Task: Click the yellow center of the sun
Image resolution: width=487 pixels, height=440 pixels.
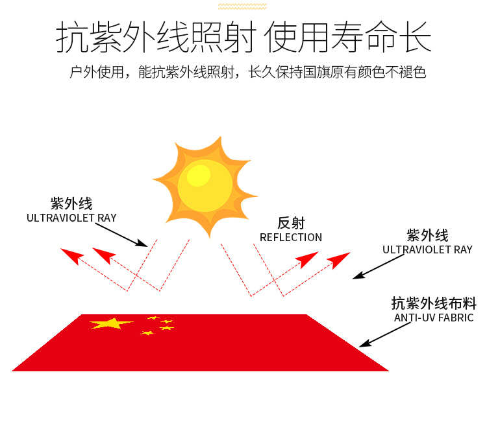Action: point(205,186)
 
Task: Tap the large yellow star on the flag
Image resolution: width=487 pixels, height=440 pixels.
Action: point(111,323)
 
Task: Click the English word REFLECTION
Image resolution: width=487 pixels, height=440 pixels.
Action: point(291,237)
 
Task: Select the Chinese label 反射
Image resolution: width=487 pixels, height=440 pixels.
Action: point(291,223)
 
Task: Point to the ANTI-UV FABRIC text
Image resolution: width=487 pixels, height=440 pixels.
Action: point(434,318)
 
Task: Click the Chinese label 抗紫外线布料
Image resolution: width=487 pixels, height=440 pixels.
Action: point(434,303)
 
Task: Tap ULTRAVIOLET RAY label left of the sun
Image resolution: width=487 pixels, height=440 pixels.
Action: point(71,218)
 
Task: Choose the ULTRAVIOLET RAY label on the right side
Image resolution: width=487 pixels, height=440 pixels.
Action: point(427,249)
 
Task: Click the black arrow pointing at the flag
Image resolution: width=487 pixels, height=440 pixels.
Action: point(385,334)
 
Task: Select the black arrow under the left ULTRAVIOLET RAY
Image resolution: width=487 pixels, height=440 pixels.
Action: point(121,235)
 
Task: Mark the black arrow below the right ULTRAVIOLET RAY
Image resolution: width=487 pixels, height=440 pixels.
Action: point(379,266)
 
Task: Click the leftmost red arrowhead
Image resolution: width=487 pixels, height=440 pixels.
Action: point(72,256)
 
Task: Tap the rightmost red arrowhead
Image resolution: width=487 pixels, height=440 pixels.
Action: point(338,260)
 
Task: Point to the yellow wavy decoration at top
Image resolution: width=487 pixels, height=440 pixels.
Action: point(242,6)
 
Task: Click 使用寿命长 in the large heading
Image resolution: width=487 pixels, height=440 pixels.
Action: point(347,37)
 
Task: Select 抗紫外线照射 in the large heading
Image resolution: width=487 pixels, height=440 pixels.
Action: point(156,37)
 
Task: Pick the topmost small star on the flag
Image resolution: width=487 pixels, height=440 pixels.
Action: point(153,318)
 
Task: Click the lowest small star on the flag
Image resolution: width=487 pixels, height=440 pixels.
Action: point(147,333)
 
